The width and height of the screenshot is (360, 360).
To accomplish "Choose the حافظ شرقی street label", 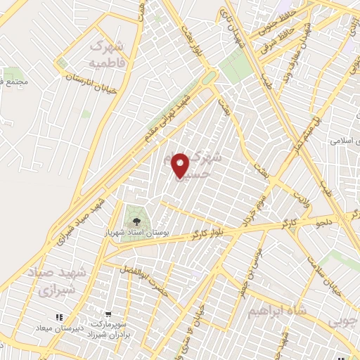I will [288, 32].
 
